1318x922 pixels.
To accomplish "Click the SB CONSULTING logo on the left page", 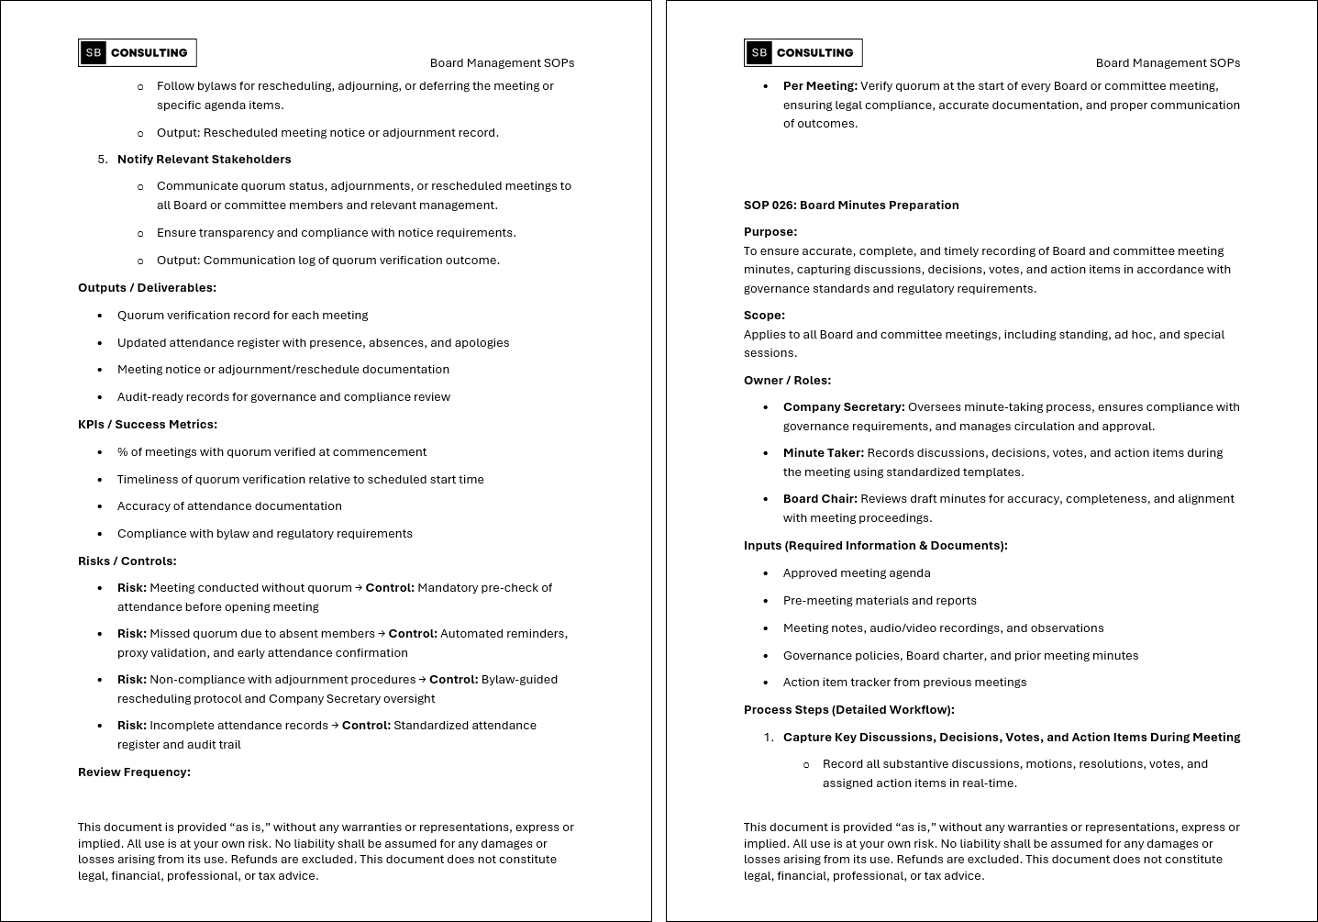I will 138,53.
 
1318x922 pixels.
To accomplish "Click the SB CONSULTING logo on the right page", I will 803,53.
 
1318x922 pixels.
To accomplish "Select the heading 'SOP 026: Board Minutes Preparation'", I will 851,206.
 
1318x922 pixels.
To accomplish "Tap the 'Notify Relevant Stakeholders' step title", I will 204,160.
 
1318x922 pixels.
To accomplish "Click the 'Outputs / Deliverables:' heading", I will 147,288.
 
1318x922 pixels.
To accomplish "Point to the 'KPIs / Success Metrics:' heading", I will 148,425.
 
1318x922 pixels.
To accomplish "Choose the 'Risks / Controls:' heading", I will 127,561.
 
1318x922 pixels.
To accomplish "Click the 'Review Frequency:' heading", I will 134,772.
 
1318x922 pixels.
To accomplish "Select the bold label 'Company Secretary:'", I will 844,407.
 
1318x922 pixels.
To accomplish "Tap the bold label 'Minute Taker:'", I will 824,453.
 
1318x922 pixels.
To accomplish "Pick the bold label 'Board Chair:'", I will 820,499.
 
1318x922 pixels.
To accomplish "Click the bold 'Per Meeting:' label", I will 820,86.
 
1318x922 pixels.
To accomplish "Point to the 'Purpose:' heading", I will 770,232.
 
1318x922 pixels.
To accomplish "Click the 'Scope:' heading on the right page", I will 764,316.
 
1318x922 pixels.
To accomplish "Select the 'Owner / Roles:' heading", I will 787,381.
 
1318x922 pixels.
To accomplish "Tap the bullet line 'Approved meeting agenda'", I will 857,573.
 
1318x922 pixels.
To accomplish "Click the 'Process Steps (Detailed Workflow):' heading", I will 848,710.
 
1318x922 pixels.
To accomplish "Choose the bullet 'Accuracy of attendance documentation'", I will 229,506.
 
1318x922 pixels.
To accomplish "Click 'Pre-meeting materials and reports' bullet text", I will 880,601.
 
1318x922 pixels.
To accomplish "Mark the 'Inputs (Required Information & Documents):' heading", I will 875,546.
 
